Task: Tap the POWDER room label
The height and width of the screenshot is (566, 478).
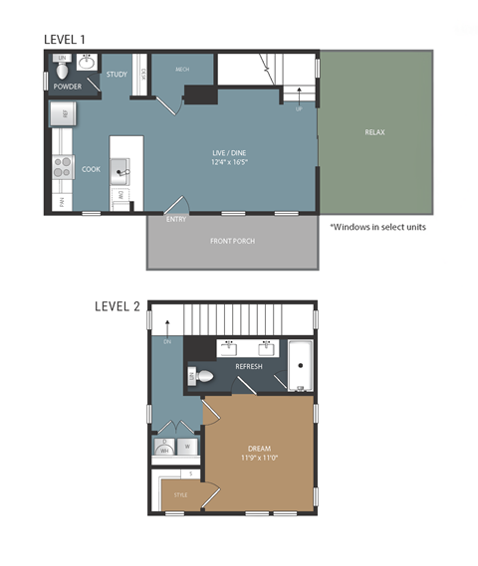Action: [68, 87]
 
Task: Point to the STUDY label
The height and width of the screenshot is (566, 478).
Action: [117, 75]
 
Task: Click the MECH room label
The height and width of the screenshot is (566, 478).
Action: [182, 70]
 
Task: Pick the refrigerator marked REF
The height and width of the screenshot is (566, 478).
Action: [62, 115]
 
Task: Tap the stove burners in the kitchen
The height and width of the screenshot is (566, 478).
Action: [62, 168]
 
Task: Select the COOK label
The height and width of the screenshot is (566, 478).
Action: [91, 169]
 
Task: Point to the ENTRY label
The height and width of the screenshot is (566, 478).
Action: [176, 219]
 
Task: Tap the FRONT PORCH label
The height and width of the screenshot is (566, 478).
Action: [232, 242]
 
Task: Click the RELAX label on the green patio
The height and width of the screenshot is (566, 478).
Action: [374, 132]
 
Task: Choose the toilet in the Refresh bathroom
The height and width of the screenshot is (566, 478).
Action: [200, 376]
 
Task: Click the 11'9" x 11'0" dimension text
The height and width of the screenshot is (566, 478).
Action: [259, 459]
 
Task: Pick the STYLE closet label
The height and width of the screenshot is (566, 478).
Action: [180, 494]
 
